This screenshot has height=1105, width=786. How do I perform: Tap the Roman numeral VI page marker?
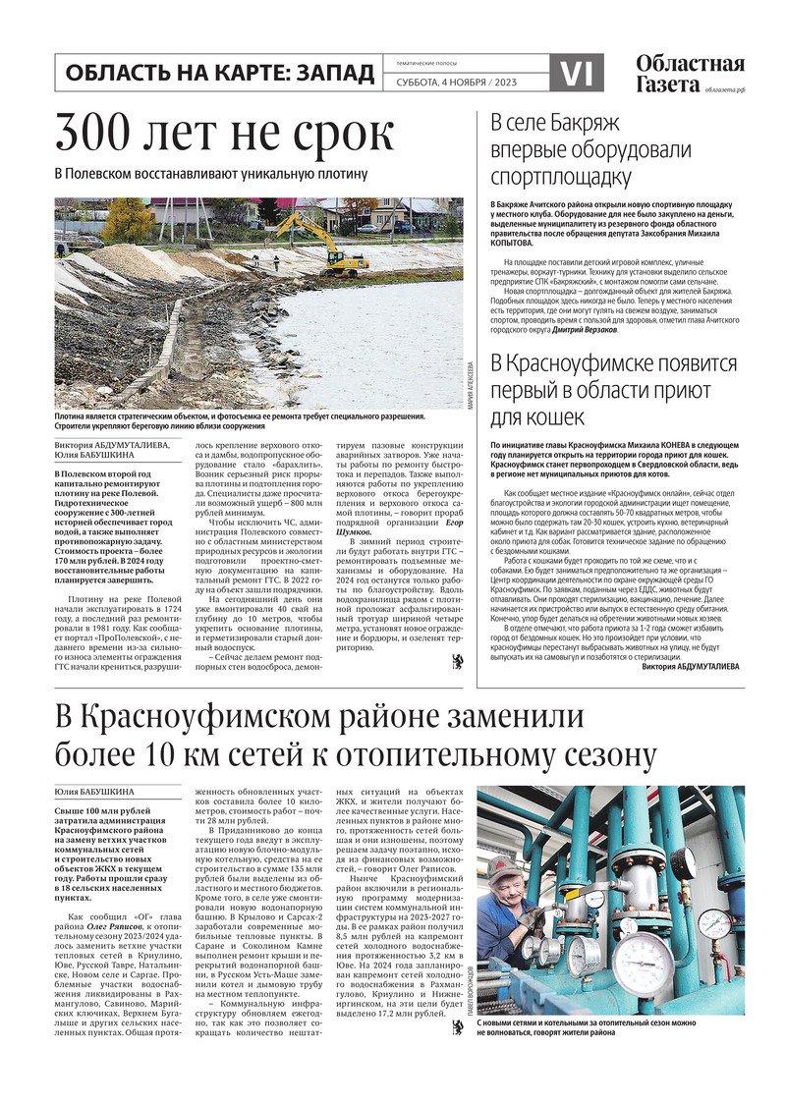coord(577,74)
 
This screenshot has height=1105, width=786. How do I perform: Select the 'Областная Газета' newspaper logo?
coord(689,74)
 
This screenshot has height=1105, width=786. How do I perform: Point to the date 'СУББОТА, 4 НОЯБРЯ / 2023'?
coord(456,82)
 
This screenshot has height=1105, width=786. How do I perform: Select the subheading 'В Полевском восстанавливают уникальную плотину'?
coord(210,174)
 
